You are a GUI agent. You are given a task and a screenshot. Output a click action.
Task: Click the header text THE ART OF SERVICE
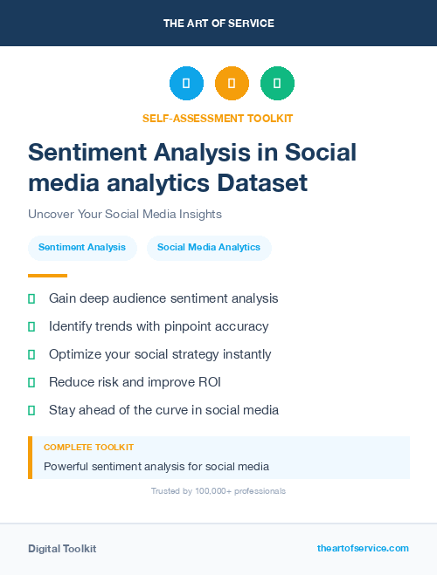pyautogui.click(x=218, y=24)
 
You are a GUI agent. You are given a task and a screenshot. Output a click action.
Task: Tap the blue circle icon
pyautogui.click(x=186, y=84)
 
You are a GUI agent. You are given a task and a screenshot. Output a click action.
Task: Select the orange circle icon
pyautogui.click(x=232, y=84)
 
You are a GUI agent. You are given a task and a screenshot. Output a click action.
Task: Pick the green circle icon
pyautogui.click(x=277, y=84)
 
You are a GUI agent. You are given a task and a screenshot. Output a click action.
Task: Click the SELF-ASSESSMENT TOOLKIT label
pyautogui.click(x=218, y=118)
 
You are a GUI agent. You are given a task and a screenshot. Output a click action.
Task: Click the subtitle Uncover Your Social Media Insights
pyautogui.click(x=125, y=214)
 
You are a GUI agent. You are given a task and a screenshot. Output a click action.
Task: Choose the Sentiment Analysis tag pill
pyautogui.click(x=82, y=248)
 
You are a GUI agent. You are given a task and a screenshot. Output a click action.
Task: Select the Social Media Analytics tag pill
pyautogui.click(x=209, y=248)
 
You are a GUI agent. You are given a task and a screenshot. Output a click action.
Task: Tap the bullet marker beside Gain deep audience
pyautogui.click(x=31, y=298)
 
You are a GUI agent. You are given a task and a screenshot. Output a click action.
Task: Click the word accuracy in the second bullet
pyautogui.click(x=241, y=326)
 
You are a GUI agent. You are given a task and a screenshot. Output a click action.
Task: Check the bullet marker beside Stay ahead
pyautogui.click(x=31, y=410)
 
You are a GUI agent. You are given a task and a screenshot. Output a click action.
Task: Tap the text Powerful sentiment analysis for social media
pyautogui.click(x=156, y=466)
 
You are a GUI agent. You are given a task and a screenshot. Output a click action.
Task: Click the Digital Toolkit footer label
pyautogui.click(x=62, y=549)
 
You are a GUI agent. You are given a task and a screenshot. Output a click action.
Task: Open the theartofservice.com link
pyautogui.click(x=363, y=548)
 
